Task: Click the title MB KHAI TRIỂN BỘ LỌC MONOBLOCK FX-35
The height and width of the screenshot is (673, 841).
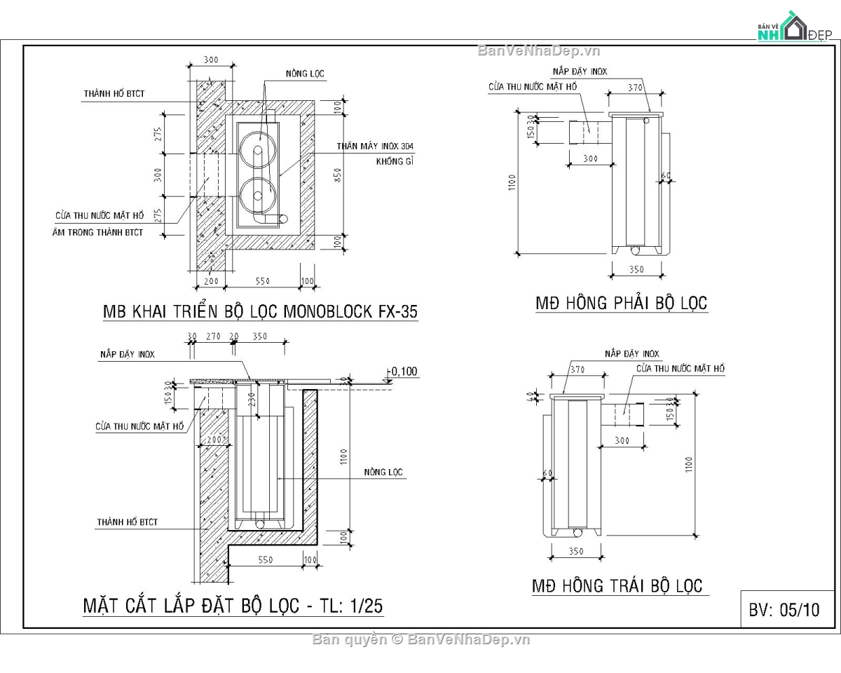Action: (x=260, y=312)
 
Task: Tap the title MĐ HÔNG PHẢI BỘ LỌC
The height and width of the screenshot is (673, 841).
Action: (x=621, y=304)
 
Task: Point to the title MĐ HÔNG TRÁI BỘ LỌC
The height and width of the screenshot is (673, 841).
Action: (x=617, y=586)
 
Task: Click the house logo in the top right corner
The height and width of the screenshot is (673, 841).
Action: (x=791, y=28)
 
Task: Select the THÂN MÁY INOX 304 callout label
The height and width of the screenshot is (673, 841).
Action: (x=374, y=147)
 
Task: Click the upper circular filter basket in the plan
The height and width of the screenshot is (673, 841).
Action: (x=257, y=149)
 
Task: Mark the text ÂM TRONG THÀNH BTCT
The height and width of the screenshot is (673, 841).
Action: (x=97, y=232)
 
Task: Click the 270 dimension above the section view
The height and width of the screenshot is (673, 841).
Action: (x=213, y=336)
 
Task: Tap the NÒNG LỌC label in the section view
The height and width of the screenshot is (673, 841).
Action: (x=383, y=472)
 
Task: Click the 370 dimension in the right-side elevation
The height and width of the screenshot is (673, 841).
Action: (x=635, y=88)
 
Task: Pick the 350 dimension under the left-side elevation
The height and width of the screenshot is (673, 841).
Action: (x=577, y=551)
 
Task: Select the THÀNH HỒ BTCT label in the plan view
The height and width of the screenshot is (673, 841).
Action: (x=114, y=93)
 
